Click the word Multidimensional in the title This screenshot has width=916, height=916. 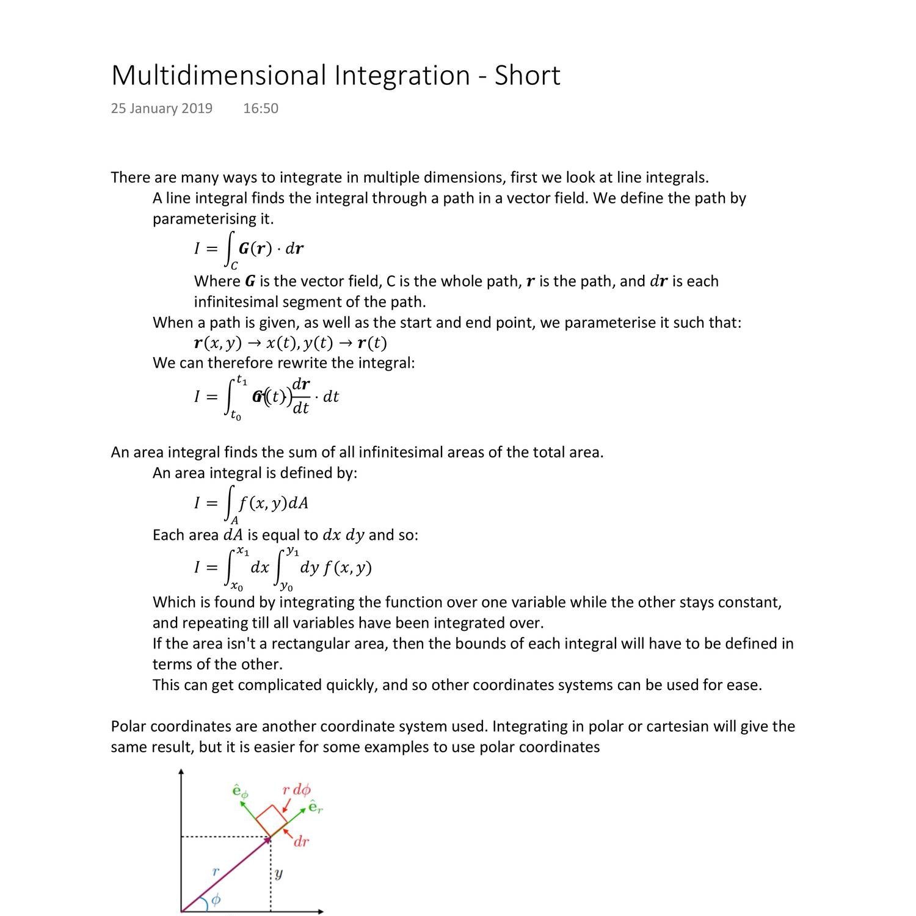(219, 76)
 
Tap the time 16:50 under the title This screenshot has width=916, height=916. (261, 109)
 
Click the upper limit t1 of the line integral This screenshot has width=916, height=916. (242, 380)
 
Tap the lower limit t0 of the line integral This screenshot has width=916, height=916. (236, 416)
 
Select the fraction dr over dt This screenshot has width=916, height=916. (301, 396)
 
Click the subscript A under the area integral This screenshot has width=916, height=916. (234, 521)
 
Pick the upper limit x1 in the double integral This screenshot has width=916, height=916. (242, 551)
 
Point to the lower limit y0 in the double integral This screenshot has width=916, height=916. (286, 587)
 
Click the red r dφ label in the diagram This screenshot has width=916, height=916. (296, 790)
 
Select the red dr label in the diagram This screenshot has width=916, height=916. (301, 842)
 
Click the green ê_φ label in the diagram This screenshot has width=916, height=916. (240, 791)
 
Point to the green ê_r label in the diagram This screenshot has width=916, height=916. (315, 807)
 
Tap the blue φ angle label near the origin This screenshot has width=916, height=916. (216, 900)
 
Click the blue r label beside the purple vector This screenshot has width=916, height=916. (215, 871)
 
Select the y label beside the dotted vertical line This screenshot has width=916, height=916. (278, 874)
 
